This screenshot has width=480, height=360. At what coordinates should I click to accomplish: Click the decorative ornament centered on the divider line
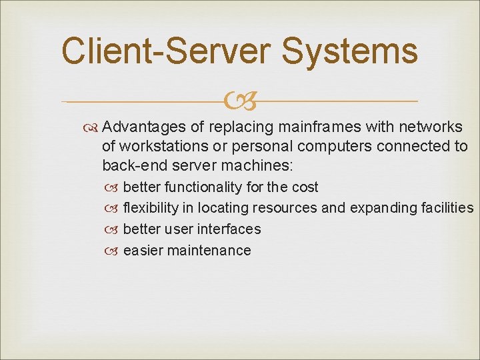(x=240, y=101)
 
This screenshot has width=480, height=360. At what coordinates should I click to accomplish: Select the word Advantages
(x=145, y=127)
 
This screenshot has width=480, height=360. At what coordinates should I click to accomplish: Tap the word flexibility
(x=150, y=208)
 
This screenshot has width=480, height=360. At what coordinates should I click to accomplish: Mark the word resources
(x=285, y=208)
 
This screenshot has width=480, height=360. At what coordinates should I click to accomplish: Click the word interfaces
(x=229, y=229)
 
